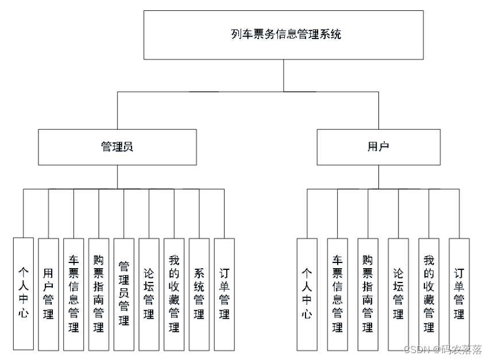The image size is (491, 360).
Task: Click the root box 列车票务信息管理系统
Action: click(283, 34)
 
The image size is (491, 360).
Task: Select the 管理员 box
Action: click(117, 147)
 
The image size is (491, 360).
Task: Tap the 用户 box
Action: click(378, 147)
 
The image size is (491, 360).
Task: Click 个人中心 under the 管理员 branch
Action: click(23, 293)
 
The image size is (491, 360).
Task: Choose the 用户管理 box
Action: click(48, 293)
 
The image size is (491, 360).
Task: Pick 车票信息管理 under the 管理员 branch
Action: click(74, 293)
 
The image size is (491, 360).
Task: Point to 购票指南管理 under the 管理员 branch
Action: click(99, 293)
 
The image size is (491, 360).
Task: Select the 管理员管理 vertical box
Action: click(124, 293)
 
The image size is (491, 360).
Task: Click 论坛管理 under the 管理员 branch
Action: click(149, 293)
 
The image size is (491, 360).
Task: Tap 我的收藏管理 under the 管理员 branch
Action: click(174, 293)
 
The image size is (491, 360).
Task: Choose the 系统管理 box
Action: click(199, 293)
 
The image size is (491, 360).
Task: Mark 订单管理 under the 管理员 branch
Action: click(225, 293)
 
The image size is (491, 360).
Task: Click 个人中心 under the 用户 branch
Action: click(307, 293)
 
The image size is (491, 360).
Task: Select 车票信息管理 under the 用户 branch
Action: click(338, 293)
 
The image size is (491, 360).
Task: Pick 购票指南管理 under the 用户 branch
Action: click(368, 293)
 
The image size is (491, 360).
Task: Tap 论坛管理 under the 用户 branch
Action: click(398, 293)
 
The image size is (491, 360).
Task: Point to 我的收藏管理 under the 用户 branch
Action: click(428, 293)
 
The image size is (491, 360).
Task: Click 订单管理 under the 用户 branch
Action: click(459, 293)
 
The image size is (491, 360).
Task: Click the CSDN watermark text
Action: click(442, 350)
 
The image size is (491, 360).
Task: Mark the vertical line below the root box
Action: click(283, 75)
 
